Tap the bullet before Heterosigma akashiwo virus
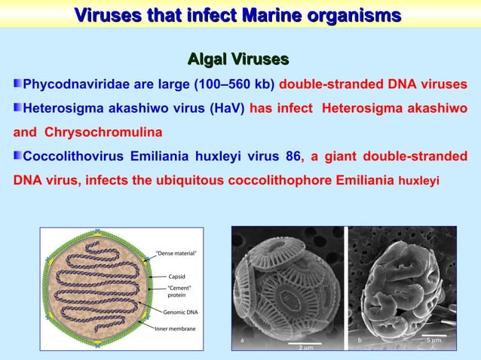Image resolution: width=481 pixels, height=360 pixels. click(x=17, y=108)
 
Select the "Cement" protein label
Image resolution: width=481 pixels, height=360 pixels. click(x=179, y=293)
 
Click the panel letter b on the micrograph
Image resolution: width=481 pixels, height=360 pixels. click(x=360, y=340)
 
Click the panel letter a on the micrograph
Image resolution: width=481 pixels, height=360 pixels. click(x=242, y=340)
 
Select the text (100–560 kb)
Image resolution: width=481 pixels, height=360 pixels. click(x=234, y=84)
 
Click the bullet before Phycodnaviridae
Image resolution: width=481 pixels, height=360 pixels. click(x=17, y=83)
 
